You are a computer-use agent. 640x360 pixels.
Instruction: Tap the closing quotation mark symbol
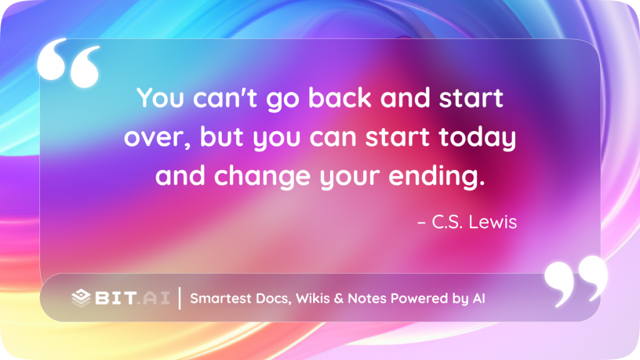pyautogui.click(x=576, y=281)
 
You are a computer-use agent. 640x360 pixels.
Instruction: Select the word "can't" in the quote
pyautogui.click(x=225, y=98)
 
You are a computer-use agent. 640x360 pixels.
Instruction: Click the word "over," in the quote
pyautogui.click(x=157, y=137)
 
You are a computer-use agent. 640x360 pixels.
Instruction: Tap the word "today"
pyautogui.click(x=477, y=137)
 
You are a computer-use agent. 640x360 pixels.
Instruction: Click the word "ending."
pyautogui.click(x=437, y=176)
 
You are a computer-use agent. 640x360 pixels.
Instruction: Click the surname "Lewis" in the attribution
pyautogui.click(x=492, y=222)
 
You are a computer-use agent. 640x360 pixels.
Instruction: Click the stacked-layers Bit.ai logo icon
pyautogui.click(x=81, y=298)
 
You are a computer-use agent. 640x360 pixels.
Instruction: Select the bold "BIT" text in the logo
pyautogui.click(x=116, y=298)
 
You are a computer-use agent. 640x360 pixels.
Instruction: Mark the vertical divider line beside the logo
pyautogui.click(x=179, y=298)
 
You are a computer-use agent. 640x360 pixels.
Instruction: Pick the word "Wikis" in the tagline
pyautogui.click(x=312, y=298)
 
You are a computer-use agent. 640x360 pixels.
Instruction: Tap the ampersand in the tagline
pyautogui.click(x=338, y=298)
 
